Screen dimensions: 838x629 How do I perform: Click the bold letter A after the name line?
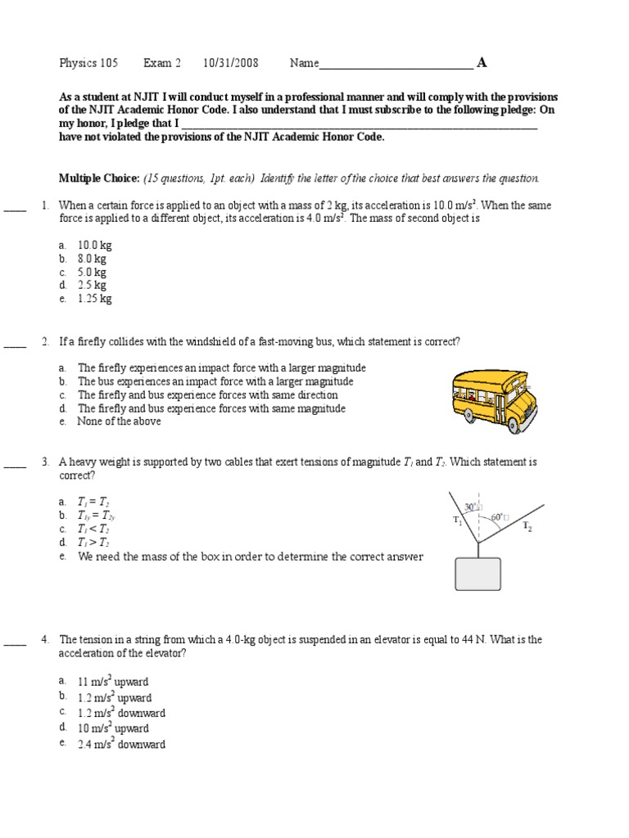(482, 63)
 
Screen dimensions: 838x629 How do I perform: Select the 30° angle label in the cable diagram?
(470, 507)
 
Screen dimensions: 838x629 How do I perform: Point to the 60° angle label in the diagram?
(497, 518)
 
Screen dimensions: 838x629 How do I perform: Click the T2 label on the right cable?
(527, 526)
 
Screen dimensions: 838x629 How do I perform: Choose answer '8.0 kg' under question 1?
(95, 259)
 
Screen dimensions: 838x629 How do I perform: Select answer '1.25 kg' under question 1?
(95, 299)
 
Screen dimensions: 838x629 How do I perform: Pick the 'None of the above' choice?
(119, 421)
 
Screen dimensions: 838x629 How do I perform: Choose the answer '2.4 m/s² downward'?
(121, 745)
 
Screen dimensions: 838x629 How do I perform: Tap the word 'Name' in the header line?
(304, 63)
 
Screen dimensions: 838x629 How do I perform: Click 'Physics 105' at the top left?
(88, 63)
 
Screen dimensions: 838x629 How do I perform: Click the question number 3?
(45, 462)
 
